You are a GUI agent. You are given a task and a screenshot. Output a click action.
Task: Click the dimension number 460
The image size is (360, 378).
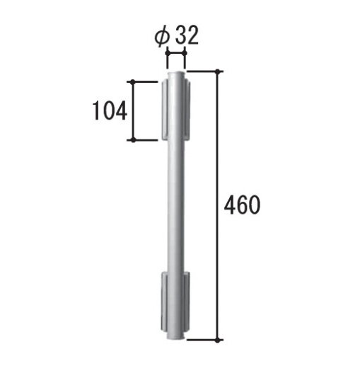click(x=243, y=205)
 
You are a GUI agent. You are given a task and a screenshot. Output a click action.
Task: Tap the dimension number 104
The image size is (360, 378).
click(x=110, y=110)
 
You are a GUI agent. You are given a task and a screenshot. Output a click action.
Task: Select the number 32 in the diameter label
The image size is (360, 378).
click(x=187, y=35)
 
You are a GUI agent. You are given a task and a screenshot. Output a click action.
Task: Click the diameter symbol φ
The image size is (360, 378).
click(x=162, y=38)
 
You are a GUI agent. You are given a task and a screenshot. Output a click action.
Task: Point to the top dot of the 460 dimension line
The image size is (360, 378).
click(x=218, y=71)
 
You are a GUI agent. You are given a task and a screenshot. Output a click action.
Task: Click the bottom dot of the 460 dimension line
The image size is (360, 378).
click(x=218, y=340)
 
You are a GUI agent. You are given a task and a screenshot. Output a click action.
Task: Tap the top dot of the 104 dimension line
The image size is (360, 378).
click(x=133, y=81)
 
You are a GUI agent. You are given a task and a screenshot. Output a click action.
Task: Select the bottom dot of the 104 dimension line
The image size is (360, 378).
click(x=133, y=140)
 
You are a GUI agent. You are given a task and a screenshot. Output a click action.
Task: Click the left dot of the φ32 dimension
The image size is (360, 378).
click(x=168, y=53)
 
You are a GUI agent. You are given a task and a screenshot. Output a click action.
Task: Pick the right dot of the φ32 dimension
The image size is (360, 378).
click(x=185, y=53)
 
